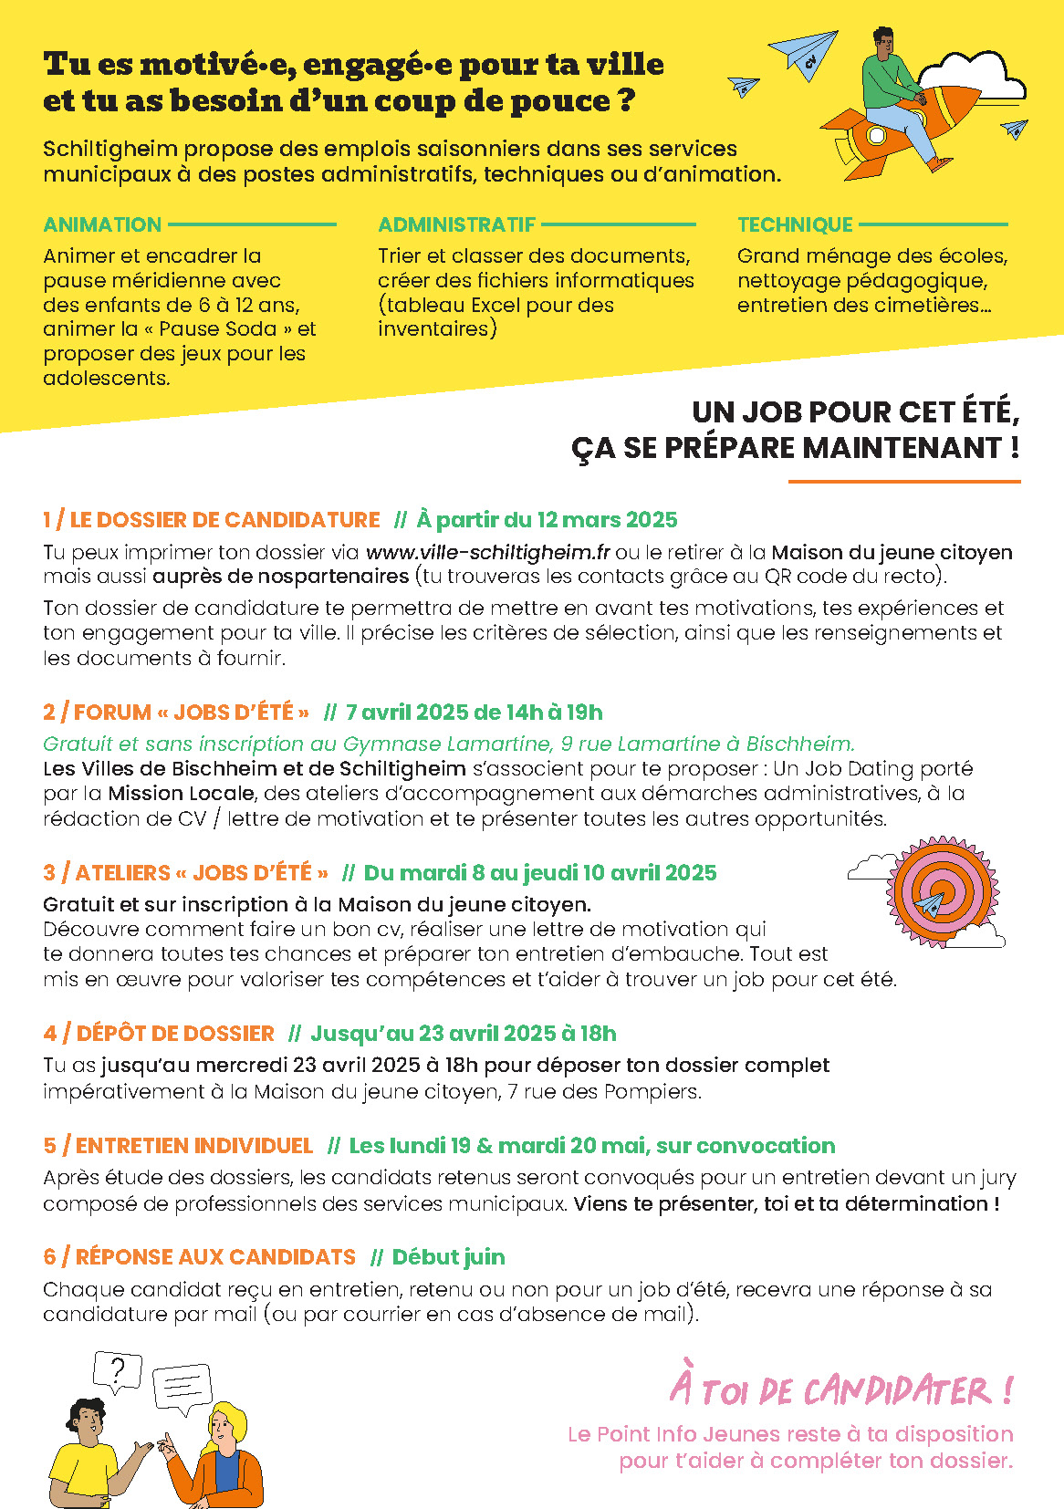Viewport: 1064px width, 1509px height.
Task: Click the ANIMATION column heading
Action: [x=102, y=224]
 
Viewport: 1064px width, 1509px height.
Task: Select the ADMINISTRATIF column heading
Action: [x=456, y=224]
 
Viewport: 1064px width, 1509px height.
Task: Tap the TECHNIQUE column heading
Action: [x=795, y=224]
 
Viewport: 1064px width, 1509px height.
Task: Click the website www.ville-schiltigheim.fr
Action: [x=487, y=552]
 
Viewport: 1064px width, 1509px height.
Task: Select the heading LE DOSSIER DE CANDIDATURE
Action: [x=224, y=520]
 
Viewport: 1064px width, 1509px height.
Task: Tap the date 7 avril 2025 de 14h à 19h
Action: [x=474, y=713]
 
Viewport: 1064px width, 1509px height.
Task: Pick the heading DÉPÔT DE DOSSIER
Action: [x=174, y=1034]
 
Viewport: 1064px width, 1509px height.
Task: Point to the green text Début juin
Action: [x=448, y=1257]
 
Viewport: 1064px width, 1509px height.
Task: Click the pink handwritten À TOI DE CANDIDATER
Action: [x=840, y=1389]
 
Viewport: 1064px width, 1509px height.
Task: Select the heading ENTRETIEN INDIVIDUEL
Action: [x=193, y=1146]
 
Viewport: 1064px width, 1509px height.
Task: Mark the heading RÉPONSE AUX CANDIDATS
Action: [x=215, y=1257]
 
